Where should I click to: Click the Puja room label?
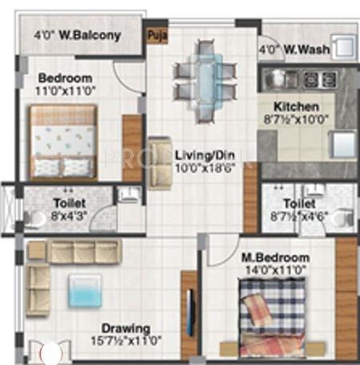tap(155, 34)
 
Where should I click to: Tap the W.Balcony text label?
tap(77, 35)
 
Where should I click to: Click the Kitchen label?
tap(296, 106)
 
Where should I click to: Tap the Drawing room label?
tap(126, 327)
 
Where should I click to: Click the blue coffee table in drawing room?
tap(84, 290)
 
